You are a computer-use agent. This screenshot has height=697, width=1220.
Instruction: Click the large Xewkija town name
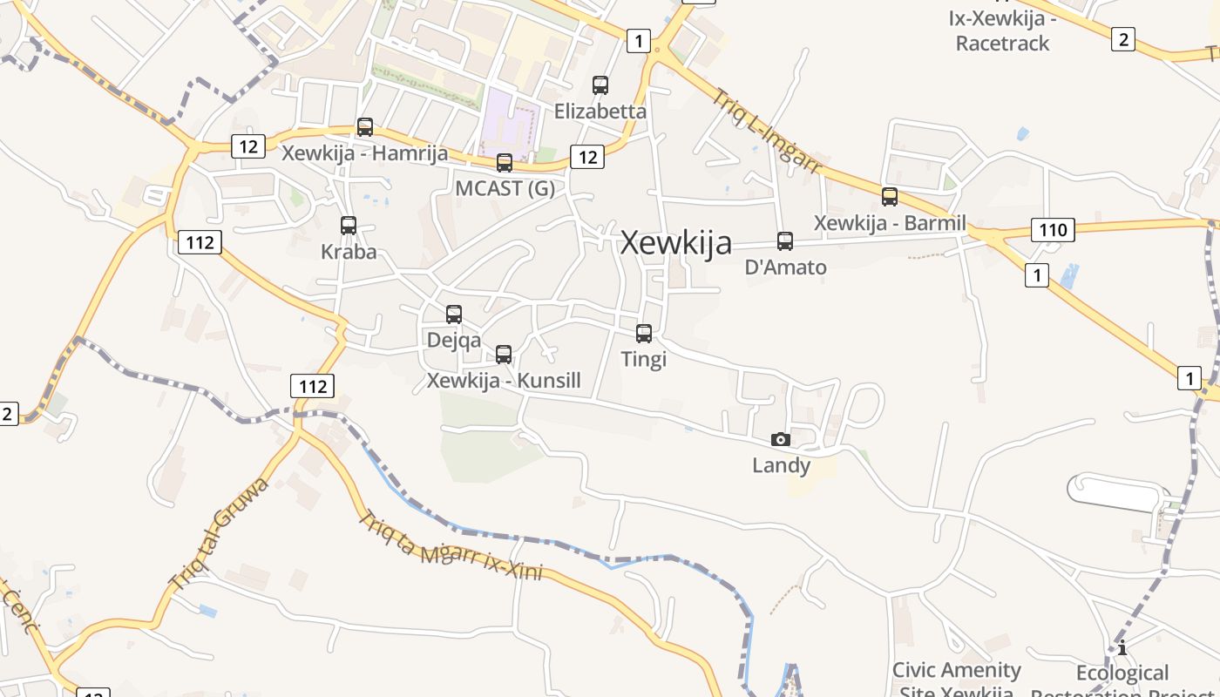coord(676,243)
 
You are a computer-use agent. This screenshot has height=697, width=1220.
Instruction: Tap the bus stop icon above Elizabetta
coord(600,85)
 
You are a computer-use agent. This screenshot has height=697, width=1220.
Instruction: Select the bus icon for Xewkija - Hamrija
coord(365,127)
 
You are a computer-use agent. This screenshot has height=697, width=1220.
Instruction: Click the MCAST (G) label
coord(505,188)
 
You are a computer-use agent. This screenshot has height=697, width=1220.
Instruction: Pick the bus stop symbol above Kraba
coord(349,226)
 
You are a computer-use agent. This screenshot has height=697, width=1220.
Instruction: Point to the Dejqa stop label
coord(453,340)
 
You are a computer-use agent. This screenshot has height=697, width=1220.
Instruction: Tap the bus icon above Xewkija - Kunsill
coord(504,355)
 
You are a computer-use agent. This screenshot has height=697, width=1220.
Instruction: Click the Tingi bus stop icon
coord(644,334)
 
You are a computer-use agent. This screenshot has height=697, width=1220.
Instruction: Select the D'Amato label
coord(785,267)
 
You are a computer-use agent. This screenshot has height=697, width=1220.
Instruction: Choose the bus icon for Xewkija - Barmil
coord(890,197)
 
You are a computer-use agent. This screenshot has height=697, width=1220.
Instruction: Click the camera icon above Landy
coord(781,439)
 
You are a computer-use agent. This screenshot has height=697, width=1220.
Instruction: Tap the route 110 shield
coord(1053,230)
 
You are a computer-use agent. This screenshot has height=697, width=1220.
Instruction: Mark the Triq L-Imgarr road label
coord(767,132)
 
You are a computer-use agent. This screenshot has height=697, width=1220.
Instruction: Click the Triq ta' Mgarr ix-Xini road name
coord(451,546)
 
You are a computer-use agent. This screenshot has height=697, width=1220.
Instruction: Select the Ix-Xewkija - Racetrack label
coord(1002,31)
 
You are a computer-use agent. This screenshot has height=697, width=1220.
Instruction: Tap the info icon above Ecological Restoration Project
coord(1122,647)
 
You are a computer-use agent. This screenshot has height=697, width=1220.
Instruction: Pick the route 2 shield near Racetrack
coord(1123,38)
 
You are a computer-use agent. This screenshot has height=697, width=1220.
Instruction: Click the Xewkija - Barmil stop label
coord(890,223)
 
